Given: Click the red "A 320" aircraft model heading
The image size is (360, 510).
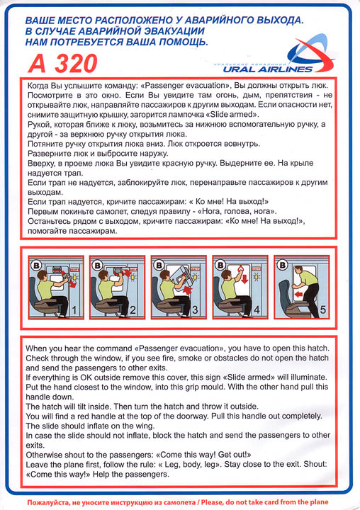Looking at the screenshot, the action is pos(62,64).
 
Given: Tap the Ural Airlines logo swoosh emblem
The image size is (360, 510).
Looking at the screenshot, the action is pos(311,54).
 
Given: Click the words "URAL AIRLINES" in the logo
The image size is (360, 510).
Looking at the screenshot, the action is pos(268,69).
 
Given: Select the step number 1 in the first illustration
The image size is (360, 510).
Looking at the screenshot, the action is pos(74,310).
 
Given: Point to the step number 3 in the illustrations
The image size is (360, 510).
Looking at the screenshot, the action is pos(195,310).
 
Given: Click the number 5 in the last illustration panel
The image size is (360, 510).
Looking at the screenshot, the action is pos(322,310).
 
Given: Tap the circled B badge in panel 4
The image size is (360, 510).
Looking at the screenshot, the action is pos(221,264).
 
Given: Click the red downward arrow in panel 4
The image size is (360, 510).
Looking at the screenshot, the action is pos(244,278).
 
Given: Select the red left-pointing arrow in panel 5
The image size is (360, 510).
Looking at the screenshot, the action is pos(298,295).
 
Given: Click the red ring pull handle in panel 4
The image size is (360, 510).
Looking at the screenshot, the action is pos(241,268).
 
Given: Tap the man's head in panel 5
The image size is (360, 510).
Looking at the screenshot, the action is pos(298,270).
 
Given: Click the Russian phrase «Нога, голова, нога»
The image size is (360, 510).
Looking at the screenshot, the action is pos(237,211).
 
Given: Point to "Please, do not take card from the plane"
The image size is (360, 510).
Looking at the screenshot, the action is pos(264,502).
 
